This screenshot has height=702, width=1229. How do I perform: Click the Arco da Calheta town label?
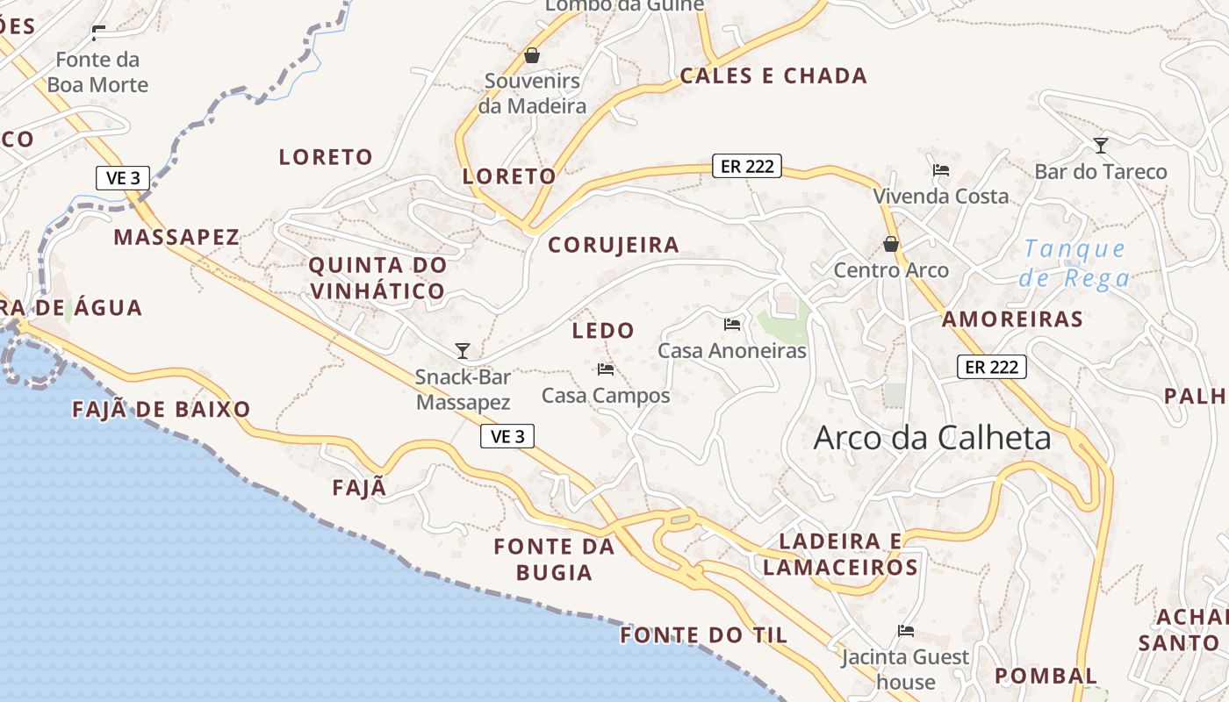pyautogui.click(x=932, y=437)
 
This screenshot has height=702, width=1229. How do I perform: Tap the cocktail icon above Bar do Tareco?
pyautogui.click(x=1100, y=145)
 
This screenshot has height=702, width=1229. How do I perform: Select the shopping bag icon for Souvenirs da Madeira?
pyautogui.click(x=532, y=56)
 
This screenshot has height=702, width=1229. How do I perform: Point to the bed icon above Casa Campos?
pyautogui.click(x=606, y=369)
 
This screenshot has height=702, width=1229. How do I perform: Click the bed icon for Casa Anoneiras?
pyautogui.click(x=732, y=325)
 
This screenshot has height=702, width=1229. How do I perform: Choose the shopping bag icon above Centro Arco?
pyautogui.click(x=891, y=244)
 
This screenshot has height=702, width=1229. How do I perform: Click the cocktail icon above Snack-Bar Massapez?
pyautogui.click(x=463, y=351)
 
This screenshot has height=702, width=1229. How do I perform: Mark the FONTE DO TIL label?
pyautogui.click(x=704, y=635)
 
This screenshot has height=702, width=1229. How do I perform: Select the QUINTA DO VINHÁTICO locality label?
pyautogui.click(x=377, y=277)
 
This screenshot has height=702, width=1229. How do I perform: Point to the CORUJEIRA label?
pyautogui.click(x=614, y=246)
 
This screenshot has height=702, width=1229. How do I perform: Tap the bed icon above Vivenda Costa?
pyautogui.click(x=941, y=169)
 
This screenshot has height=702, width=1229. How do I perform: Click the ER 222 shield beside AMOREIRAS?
pyautogui.click(x=991, y=367)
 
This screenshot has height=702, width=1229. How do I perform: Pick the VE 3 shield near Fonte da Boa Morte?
pyautogui.click(x=123, y=178)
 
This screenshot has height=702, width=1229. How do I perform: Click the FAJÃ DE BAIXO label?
pyautogui.click(x=162, y=409)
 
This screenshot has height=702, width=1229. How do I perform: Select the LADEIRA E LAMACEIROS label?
pyautogui.click(x=840, y=554)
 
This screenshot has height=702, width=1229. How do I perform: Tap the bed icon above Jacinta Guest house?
pyautogui.click(x=906, y=630)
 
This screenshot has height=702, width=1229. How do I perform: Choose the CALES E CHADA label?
pyautogui.click(x=773, y=76)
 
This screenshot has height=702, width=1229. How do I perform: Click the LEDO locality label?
pyautogui.click(x=603, y=331)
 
